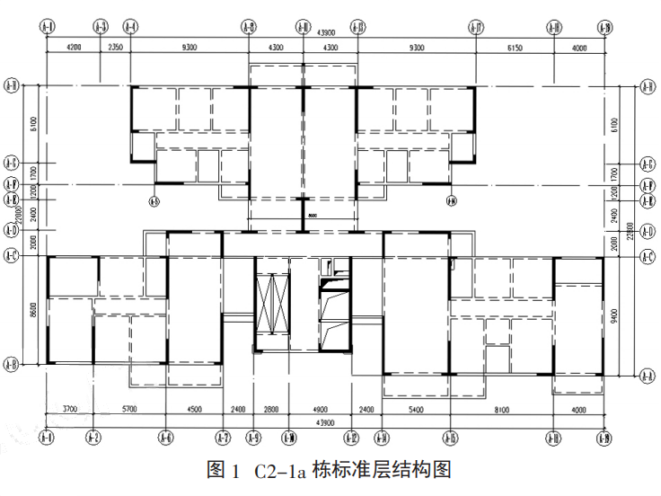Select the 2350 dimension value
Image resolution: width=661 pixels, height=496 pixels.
(114, 46)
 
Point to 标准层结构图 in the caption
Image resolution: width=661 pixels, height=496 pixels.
(381, 470)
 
